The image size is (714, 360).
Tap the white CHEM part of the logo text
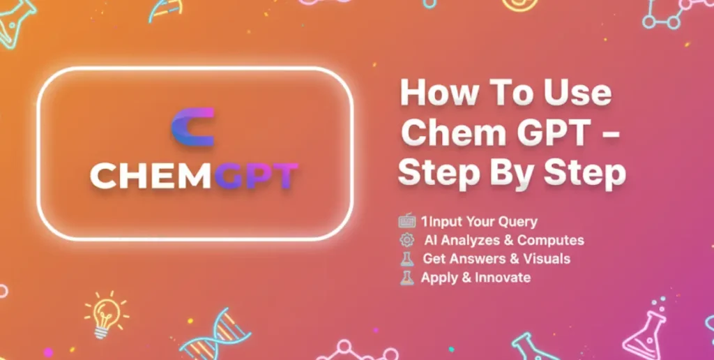coord(144,177)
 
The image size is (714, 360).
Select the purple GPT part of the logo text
coord(257,177)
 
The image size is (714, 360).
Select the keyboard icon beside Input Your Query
coord(407,222)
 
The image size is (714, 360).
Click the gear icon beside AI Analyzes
coord(407,241)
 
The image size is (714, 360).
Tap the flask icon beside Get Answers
coord(407,260)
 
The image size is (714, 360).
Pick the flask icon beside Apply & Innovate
coord(407,278)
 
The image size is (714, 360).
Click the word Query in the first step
coord(517,222)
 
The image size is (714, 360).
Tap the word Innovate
coord(503,278)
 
